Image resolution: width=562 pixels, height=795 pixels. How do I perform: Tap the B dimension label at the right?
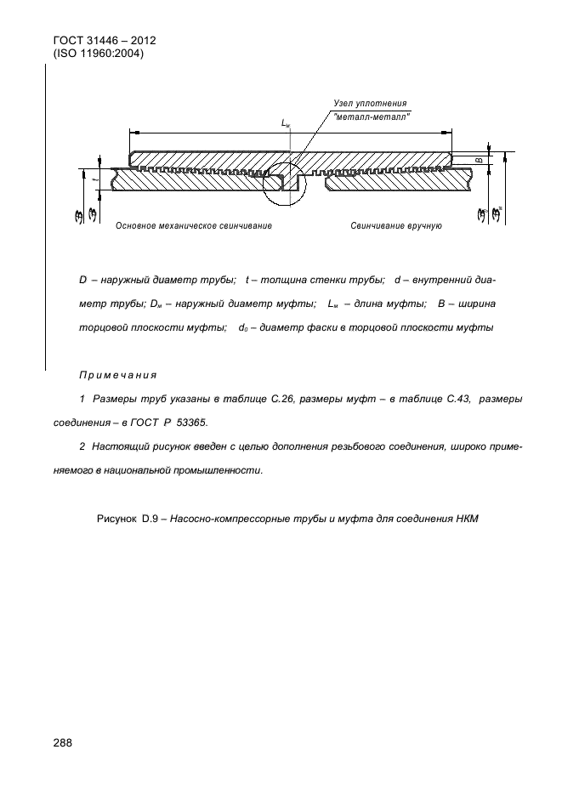point(477,158)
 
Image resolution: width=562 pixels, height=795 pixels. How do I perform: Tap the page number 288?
point(62,742)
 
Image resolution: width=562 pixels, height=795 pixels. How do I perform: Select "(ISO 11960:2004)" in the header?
point(101,54)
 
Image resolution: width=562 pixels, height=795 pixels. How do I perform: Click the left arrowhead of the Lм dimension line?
point(133,133)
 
